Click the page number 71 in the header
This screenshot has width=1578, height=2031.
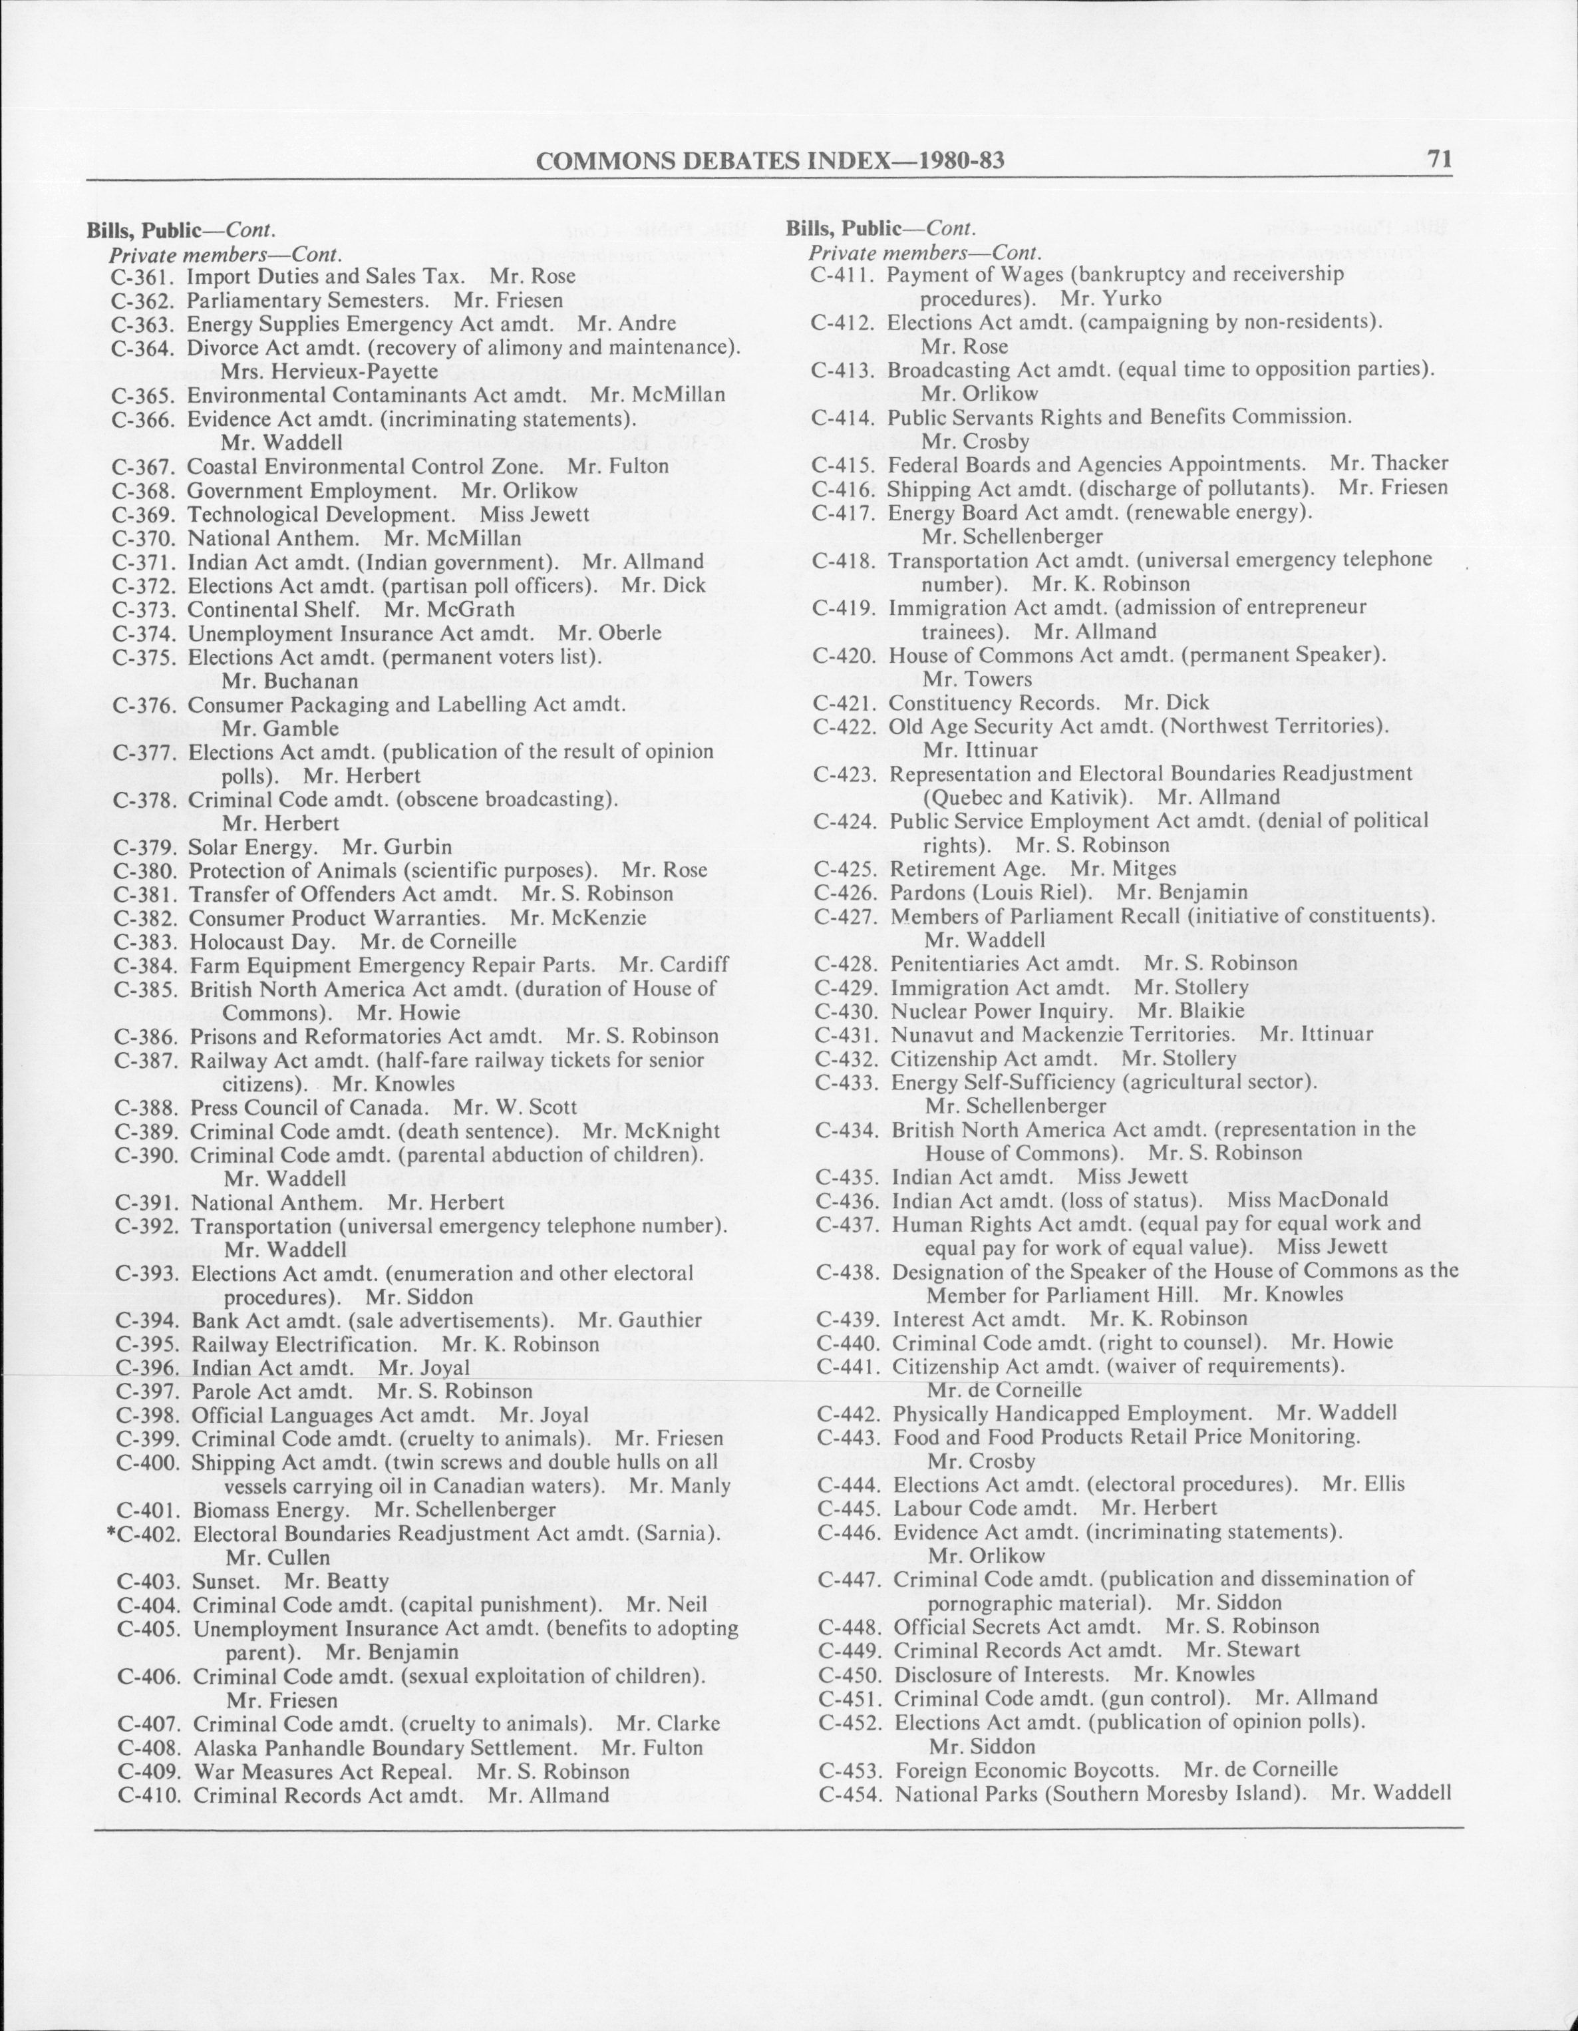tap(1438, 160)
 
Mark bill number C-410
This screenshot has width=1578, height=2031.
tap(150, 1795)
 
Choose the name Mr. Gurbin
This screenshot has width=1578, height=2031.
tap(397, 847)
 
